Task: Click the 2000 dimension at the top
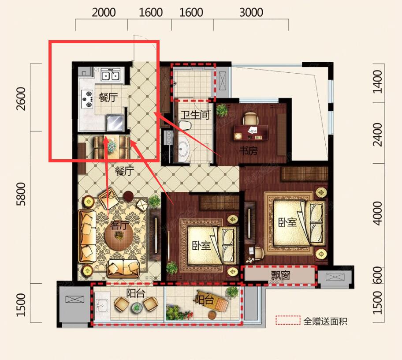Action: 104,12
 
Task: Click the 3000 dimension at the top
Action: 251,12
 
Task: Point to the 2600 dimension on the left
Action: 21,99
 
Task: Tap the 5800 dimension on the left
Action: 21,194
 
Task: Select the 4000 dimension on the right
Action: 378,214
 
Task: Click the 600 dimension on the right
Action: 378,275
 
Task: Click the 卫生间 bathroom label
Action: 195,115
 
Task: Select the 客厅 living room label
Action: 119,225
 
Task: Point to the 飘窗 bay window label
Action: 280,276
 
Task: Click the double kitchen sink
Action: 111,75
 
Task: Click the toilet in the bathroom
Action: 185,125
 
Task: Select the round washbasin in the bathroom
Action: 183,149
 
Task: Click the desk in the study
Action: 250,133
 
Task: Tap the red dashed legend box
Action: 288,320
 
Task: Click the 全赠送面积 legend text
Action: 325,321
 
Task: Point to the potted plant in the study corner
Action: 222,109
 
